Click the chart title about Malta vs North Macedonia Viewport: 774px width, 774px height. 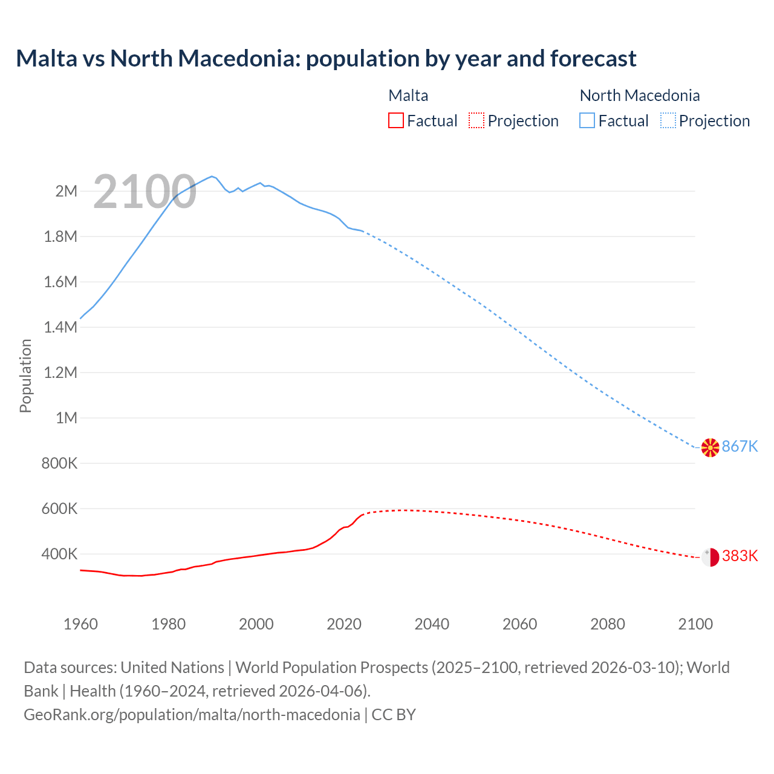(x=326, y=59)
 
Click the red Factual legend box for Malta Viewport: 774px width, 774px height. (x=395, y=120)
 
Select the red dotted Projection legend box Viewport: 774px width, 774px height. (x=476, y=120)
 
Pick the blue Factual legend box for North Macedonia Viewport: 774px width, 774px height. (x=587, y=120)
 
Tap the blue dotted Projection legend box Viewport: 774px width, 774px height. (x=668, y=120)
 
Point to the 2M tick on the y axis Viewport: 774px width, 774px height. (x=67, y=191)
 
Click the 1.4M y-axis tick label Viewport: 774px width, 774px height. (x=60, y=327)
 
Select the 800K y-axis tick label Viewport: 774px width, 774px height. (x=60, y=463)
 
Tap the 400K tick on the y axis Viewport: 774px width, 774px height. (x=60, y=554)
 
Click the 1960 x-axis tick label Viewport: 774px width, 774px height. (x=80, y=624)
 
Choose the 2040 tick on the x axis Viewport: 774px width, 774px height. (x=432, y=624)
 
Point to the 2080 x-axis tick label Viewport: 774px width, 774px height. (x=607, y=624)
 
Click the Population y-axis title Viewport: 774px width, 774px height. (x=25, y=376)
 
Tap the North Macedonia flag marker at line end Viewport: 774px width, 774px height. (x=710, y=447)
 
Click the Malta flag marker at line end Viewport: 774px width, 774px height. (x=710, y=556)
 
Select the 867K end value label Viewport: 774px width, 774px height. (x=740, y=446)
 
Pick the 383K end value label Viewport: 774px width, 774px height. (x=740, y=556)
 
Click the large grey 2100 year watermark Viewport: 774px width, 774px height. (x=145, y=192)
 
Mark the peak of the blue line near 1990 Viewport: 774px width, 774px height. (x=212, y=177)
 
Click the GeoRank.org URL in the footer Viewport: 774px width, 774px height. (x=192, y=714)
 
